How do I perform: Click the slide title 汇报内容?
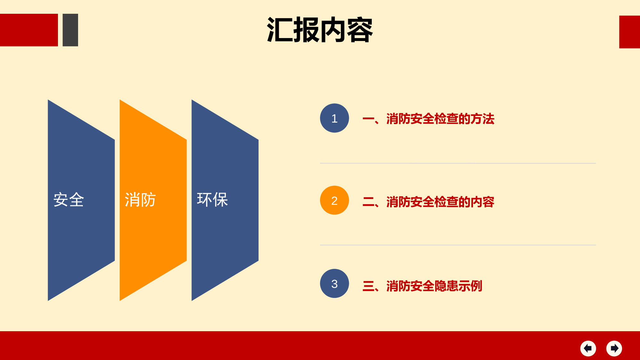coord(320,30)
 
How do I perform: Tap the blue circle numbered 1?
coord(334,118)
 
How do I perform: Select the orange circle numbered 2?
coord(334,200)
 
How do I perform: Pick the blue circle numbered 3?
coord(334,284)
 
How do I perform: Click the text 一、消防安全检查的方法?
coord(428,119)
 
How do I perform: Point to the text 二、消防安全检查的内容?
coord(428,202)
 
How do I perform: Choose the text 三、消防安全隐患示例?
coord(422,286)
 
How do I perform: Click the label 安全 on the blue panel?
coord(69,200)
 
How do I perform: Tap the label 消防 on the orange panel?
coord(140,200)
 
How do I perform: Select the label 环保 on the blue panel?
coord(212,200)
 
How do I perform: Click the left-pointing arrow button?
coord(588,348)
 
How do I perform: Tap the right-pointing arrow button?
coord(614,348)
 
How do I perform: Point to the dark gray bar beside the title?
coord(70,30)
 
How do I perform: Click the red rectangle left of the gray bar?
coord(29,30)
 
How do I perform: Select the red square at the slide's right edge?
coord(629,32)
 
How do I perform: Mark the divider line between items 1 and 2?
coord(458,163)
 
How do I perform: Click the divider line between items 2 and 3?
coord(458,245)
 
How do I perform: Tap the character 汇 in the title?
coord(280,30)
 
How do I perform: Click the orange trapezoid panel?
coord(153,200)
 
